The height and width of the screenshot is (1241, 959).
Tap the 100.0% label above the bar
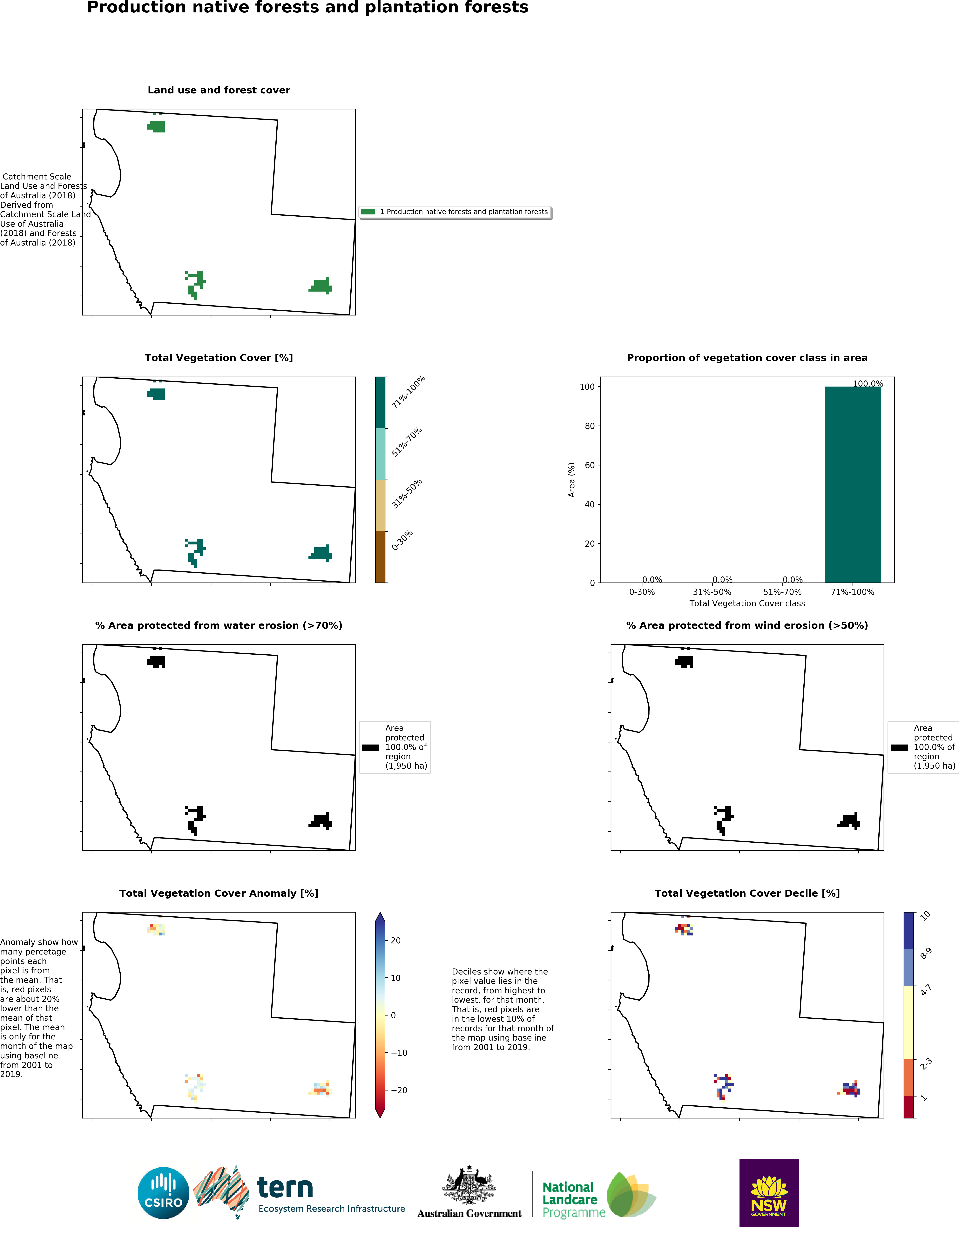pos(868,384)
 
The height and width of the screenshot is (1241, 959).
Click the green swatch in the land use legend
pos(368,211)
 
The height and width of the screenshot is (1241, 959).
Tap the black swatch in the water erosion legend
pos(370,748)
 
